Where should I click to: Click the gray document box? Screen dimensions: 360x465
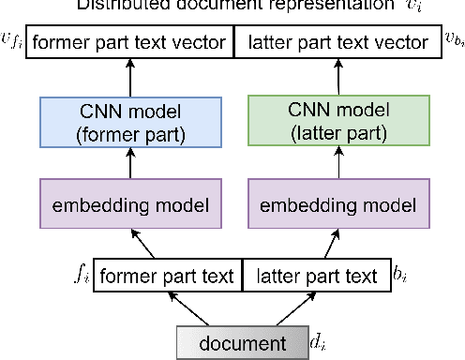[x=243, y=340]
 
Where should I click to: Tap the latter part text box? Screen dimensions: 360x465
[x=315, y=277]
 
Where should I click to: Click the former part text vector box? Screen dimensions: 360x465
[x=129, y=42]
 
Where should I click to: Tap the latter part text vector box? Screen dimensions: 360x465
[x=336, y=42]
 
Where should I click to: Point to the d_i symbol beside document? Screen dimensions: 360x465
[x=319, y=341]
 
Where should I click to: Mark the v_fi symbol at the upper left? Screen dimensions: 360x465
[x=11, y=40]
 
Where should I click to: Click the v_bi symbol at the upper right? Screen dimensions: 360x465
[x=453, y=42]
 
